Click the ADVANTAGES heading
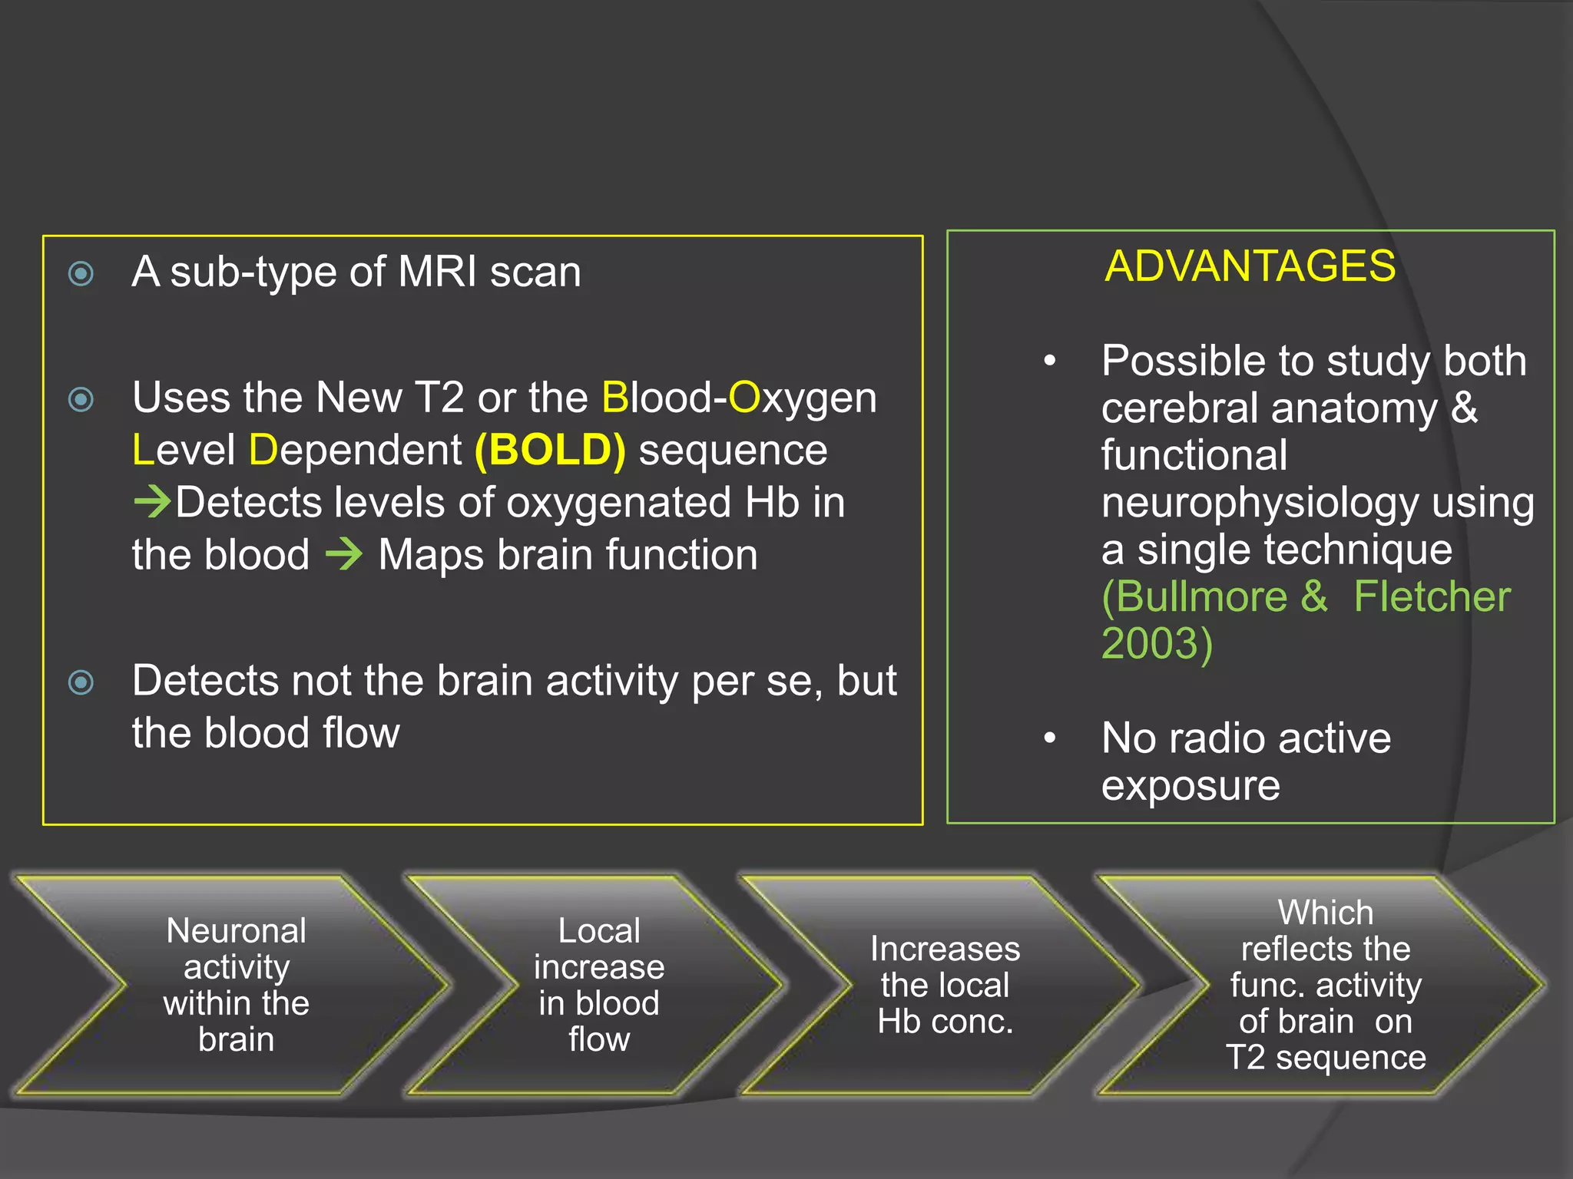pos(1250,266)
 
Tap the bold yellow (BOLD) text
pos(550,450)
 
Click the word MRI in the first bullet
pos(438,272)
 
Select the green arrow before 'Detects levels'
pos(152,502)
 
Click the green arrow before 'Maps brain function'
pos(344,554)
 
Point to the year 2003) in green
pos(1157,643)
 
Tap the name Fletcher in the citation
pos(1432,597)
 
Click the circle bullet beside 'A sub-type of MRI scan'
pos(81,274)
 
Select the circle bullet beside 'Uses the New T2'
pos(81,400)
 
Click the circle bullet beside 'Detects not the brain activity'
pos(81,682)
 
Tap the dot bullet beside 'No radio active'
pos(1050,738)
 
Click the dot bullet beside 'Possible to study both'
pos(1050,361)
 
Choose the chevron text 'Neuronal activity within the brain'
pos(237,985)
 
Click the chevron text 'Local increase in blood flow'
pos(599,985)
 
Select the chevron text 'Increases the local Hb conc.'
pos(945,985)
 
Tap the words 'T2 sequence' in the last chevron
pos(1326,1058)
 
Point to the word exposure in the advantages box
pos(1191,786)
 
